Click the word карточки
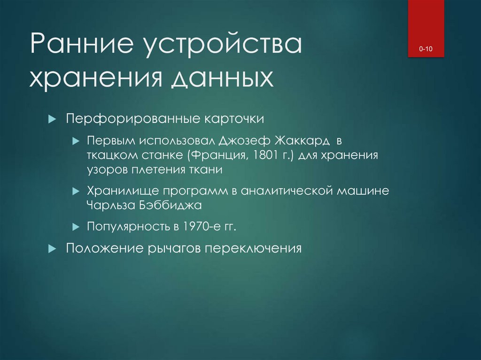coord(233,118)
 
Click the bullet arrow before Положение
coord(52,248)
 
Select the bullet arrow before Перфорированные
coord(52,118)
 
